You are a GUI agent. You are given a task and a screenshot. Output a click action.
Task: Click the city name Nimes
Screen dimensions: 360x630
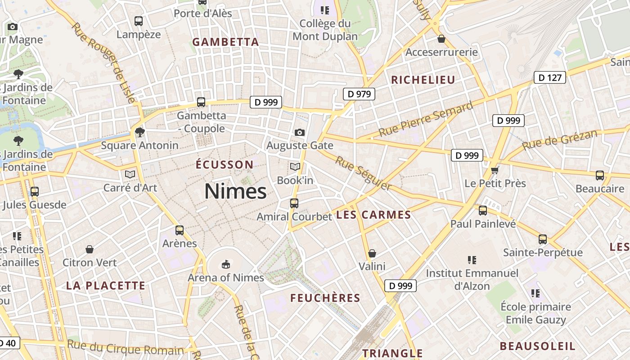[235, 192]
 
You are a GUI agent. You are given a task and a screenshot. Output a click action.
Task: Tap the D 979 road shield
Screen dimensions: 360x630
[359, 94]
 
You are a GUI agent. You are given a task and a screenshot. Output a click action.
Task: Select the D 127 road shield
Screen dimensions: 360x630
[549, 77]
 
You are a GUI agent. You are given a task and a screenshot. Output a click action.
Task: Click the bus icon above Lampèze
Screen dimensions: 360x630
[139, 21]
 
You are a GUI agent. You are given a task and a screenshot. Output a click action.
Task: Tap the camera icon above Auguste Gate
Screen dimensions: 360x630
[299, 132]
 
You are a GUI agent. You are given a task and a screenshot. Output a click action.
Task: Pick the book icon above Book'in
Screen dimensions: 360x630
[295, 167]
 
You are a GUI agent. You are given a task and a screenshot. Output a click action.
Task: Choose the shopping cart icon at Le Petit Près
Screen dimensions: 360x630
[495, 170]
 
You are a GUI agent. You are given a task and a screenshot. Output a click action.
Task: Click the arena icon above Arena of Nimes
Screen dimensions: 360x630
[226, 264]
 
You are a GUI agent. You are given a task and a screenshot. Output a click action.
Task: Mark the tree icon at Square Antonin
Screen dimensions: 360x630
[140, 132]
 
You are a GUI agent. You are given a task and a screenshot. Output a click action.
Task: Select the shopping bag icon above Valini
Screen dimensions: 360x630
[372, 253]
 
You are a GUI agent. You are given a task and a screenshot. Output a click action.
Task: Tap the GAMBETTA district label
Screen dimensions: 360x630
[225, 42]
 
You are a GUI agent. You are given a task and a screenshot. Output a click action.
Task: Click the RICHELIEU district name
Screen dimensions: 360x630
[423, 80]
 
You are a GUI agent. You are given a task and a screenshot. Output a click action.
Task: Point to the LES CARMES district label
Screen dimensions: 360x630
[373, 215]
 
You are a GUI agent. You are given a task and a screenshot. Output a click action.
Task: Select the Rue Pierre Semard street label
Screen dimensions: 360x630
[426, 119]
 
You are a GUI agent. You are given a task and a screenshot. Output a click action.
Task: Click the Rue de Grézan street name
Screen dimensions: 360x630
[560, 139]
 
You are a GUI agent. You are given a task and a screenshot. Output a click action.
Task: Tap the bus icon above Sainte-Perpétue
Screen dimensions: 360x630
[543, 239]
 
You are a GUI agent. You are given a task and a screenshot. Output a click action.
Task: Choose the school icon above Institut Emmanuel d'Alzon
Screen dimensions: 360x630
[472, 260]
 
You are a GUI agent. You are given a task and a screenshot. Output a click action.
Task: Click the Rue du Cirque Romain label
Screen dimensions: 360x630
[126, 347]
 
